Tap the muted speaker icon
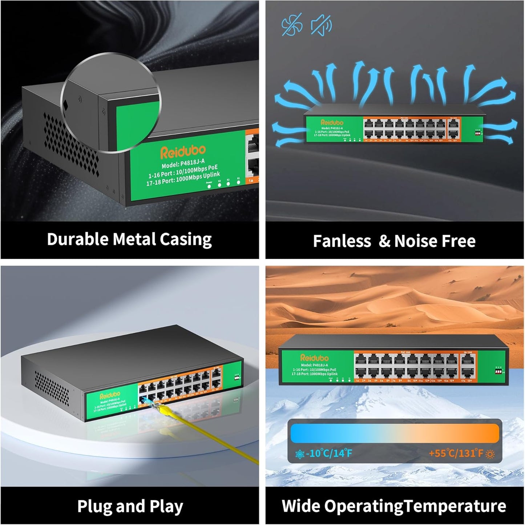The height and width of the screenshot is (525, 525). (x=321, y=25)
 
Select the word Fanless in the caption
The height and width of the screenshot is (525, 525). (x=342, y=241)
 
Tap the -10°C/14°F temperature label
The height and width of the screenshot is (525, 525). (x=329, y=453)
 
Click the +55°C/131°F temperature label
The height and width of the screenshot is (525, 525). (x=456, y=453)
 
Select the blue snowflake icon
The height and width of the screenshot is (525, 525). (x=300, y=454)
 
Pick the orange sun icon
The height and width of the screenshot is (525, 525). (x=490, y=454)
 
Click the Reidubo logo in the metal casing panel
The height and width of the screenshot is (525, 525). (x=183, y=152)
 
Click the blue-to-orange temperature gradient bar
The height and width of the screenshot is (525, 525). (x=395, y=433)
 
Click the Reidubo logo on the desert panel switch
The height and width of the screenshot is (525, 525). (x=314, y=358)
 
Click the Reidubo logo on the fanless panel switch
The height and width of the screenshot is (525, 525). (x=332, y=122)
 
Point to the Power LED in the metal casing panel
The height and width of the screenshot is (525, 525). (x=209, y=186)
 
